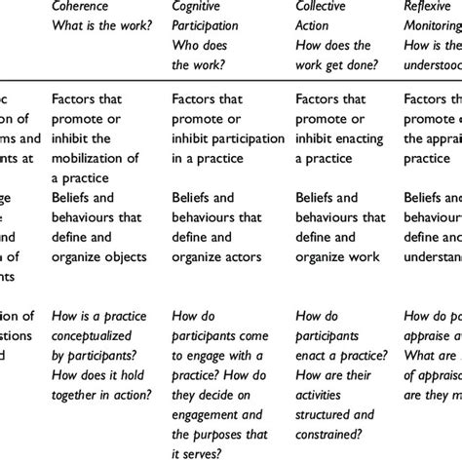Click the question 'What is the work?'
103,25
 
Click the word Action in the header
313,25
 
